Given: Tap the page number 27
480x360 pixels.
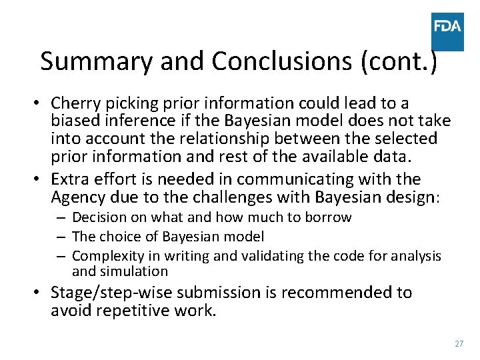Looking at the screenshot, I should (459, 343).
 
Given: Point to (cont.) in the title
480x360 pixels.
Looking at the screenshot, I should (399, 61).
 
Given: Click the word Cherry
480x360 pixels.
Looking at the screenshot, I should (74, 103).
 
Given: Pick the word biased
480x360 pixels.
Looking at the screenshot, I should (74, 121).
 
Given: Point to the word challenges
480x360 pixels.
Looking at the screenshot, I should (220, 197).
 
